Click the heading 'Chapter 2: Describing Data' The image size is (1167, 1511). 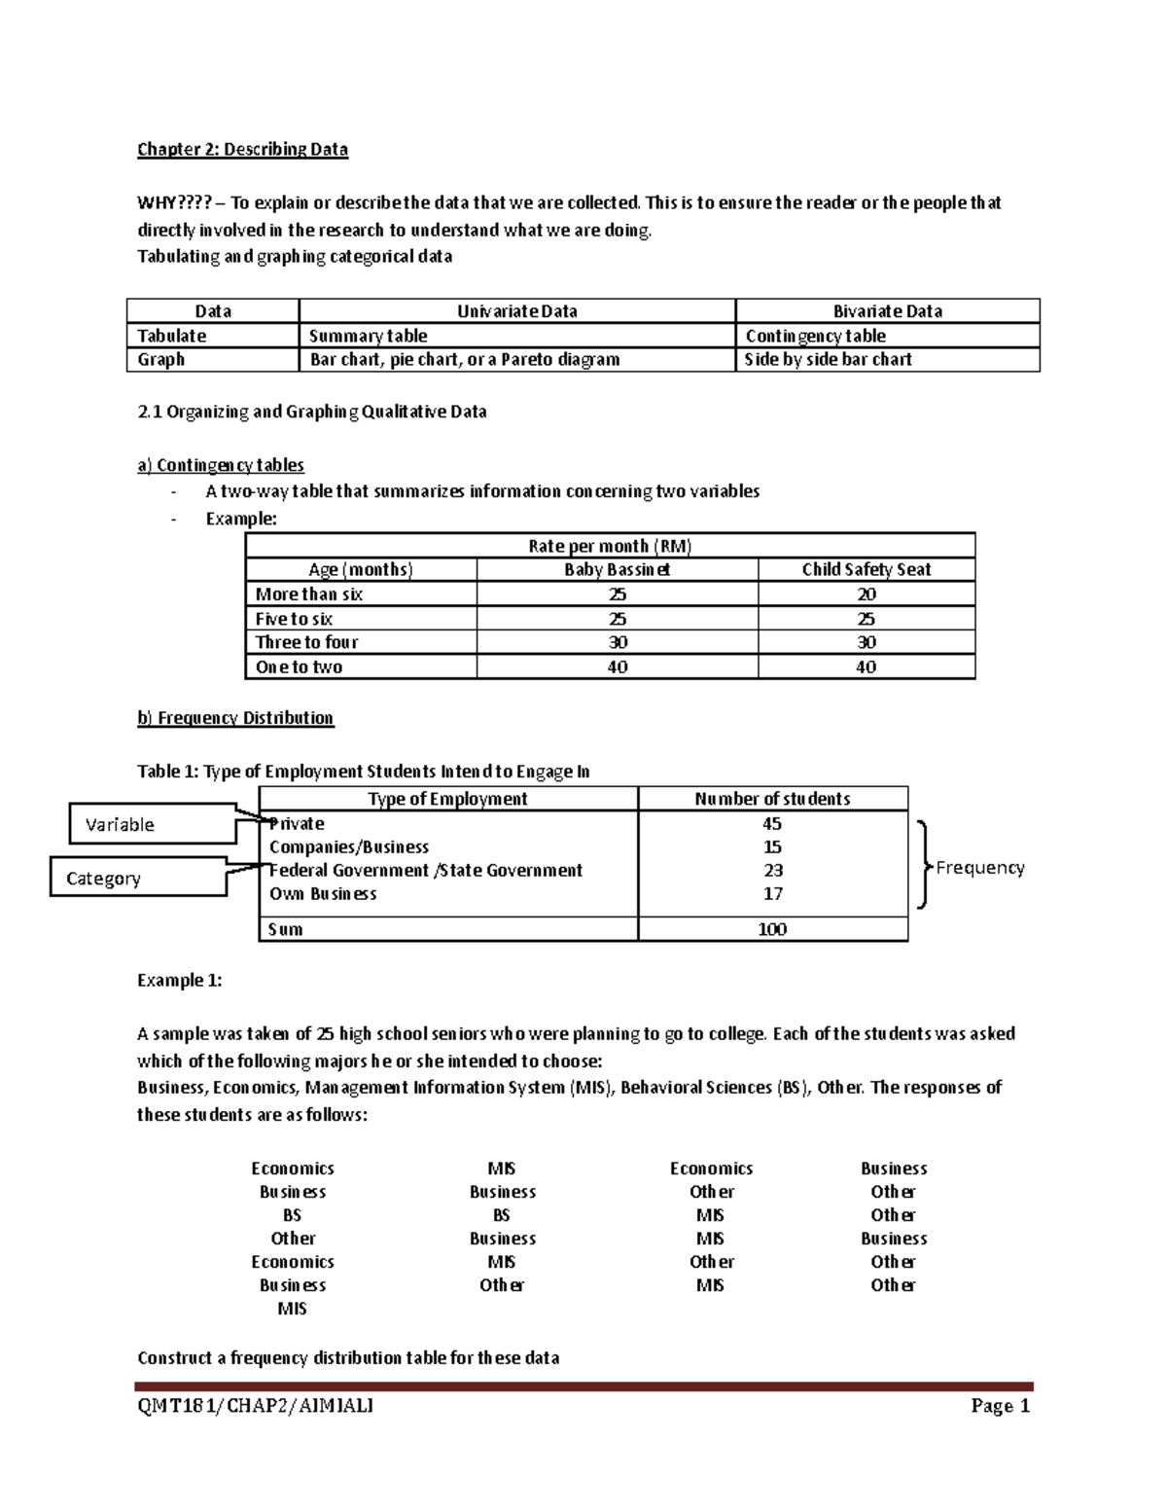coord(242,149)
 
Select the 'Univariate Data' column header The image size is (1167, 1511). coord(516,311)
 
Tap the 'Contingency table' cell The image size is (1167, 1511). coord(815,336)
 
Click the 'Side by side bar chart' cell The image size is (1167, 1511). coord(828,359)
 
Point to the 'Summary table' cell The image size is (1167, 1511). coord(368,336)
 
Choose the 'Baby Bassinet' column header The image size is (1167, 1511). coord(617,570)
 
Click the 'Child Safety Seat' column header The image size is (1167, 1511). coord(866,570)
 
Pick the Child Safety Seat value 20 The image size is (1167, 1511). coord(866,594)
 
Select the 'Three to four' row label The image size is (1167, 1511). coord(306,642)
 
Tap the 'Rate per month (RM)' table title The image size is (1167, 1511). coord(610,546)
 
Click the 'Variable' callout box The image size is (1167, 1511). coord(153,824)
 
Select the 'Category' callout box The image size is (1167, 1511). coord(137,878)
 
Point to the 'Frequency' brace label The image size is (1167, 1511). coord(979,867)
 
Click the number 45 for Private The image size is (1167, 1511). coord(772,824)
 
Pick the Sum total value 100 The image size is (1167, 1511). coord(772,929)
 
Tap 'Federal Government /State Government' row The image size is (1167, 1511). coord(426,871)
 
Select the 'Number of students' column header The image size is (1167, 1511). coord(772,799)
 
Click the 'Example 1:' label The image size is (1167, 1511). coord(179,981)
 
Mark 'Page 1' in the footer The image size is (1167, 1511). coord(1000,1406)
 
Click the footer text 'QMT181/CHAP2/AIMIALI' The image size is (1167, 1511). coord(255,1406)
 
